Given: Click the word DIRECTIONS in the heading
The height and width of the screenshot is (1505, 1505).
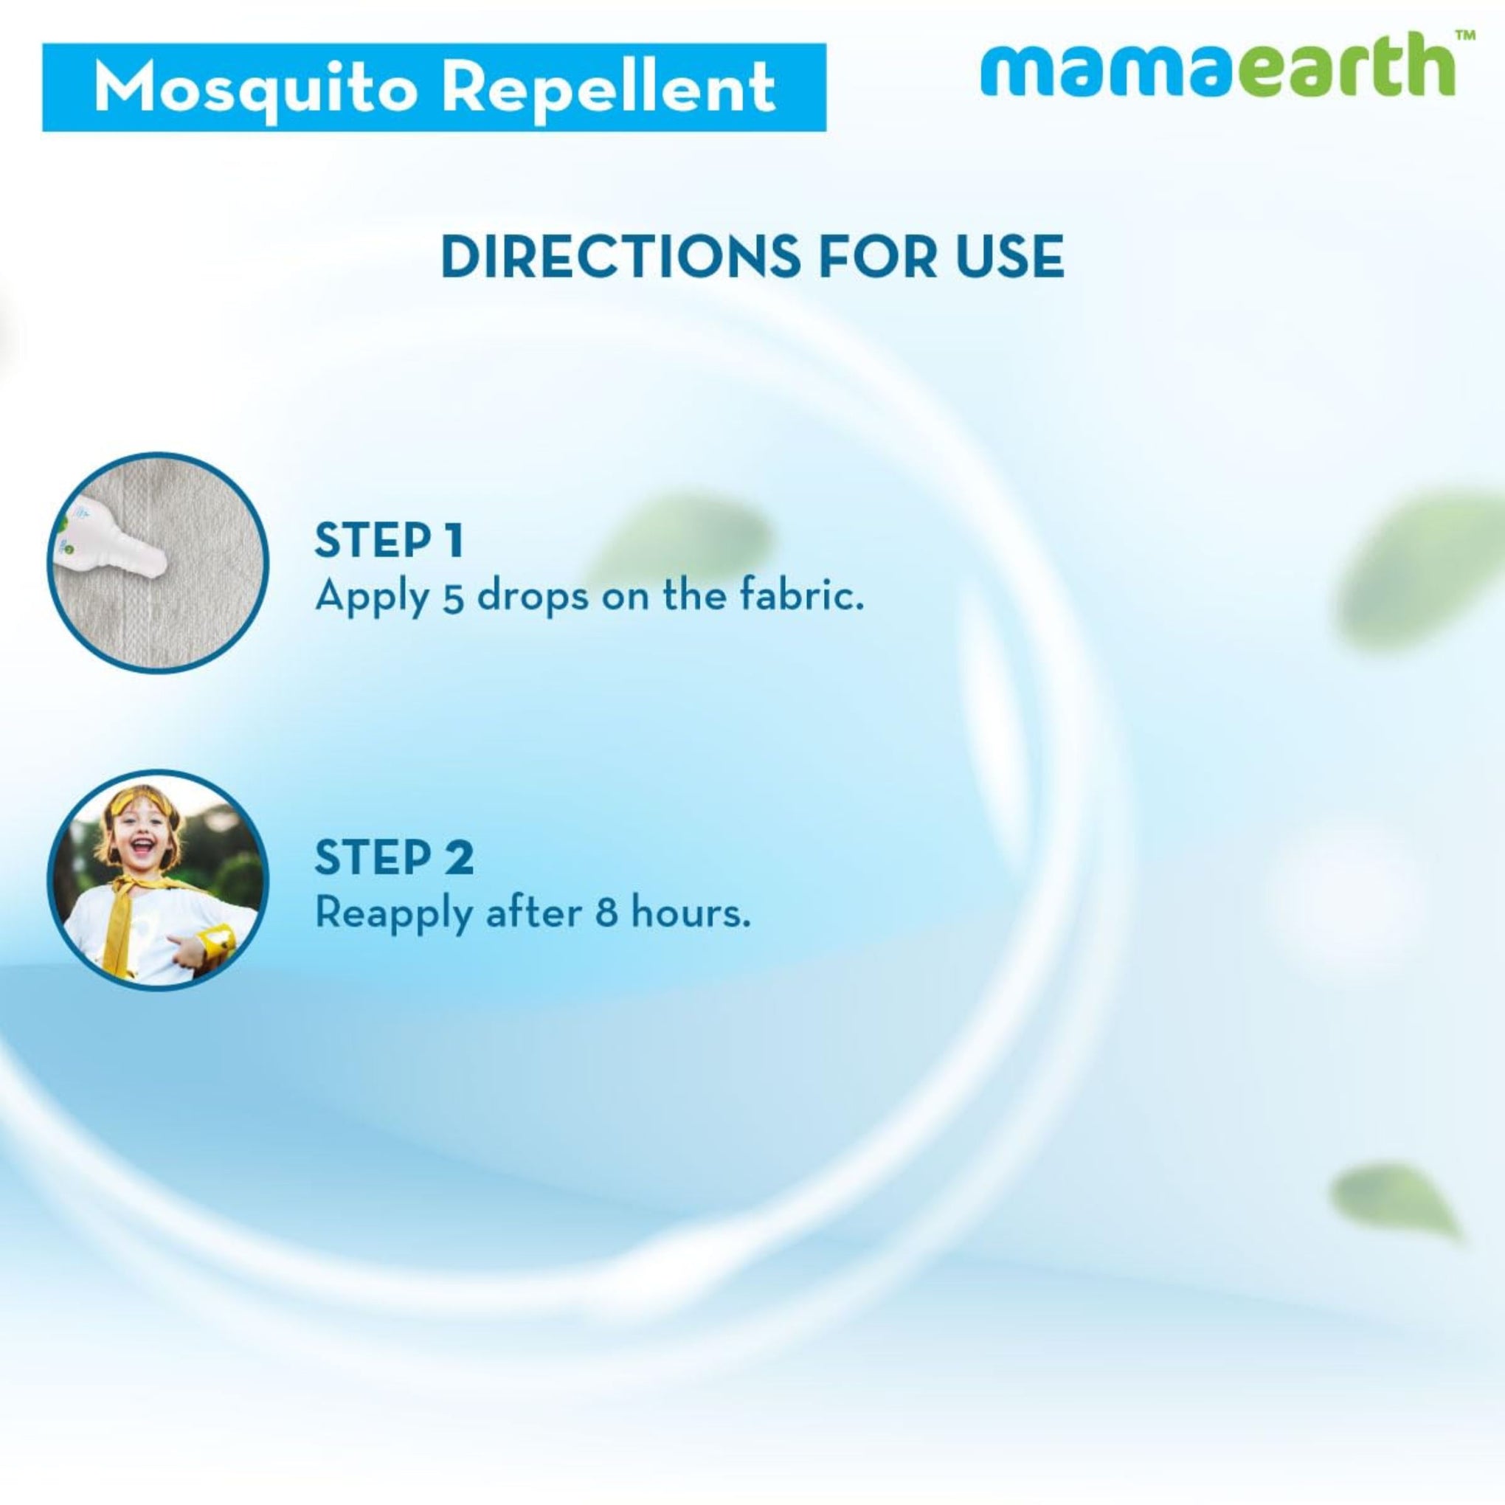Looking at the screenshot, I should (620, 255).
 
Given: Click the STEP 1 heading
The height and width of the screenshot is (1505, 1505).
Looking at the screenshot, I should (389, 540).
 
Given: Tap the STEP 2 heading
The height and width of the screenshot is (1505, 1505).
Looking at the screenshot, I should (393, 857).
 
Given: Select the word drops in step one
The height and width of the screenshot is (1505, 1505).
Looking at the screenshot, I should (533, 598).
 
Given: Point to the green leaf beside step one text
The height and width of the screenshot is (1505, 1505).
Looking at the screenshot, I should (685, 538).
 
